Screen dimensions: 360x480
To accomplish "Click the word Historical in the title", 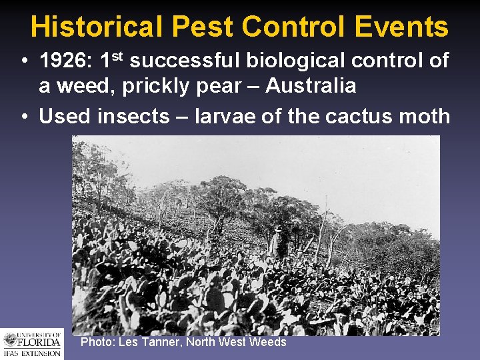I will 96,27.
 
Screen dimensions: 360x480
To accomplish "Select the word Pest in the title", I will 201,27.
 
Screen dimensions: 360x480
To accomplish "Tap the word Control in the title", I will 293,27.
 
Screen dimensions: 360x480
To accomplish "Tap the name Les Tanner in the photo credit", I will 150,342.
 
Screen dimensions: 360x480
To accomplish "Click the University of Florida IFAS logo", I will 31,343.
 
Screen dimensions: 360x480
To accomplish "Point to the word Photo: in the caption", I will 97,342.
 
